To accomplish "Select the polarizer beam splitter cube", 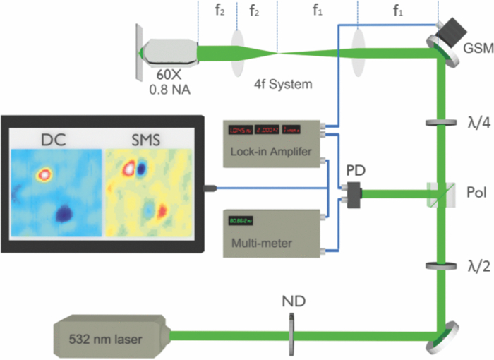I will coord(443,191).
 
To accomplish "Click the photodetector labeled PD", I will coord(351,191).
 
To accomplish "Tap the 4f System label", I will coord(283,84).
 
